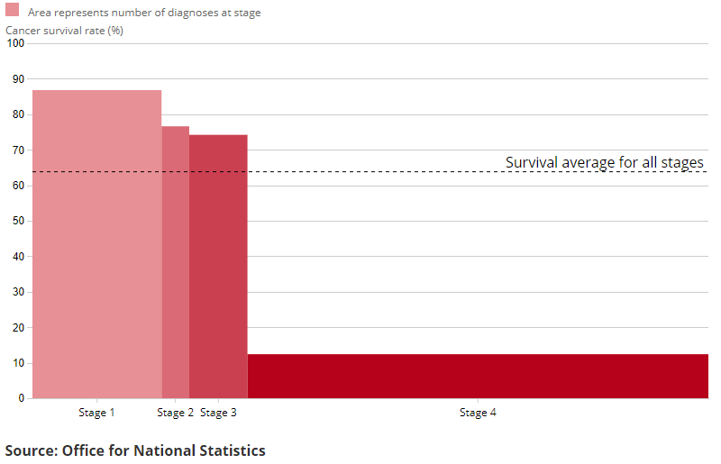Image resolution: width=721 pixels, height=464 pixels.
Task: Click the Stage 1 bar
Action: (97, 243)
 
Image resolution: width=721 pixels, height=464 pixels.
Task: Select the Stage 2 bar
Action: (176, 261)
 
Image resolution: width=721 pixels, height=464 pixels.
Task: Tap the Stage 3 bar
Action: (218, 266)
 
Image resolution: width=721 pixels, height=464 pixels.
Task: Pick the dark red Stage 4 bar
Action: (478, 376)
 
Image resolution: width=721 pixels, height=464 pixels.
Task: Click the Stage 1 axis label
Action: (97, 413)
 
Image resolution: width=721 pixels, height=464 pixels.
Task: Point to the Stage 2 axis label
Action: (175, 413)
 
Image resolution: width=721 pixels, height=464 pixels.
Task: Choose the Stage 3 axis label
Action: (218, 413)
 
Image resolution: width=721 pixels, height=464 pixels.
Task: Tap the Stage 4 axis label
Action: (478, 413)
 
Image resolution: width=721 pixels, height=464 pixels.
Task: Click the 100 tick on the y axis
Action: (15, 44)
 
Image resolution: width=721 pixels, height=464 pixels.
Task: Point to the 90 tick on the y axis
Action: (18, 79)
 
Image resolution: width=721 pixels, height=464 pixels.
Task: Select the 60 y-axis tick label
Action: (18, 186)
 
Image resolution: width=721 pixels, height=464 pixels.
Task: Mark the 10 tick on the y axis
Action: (18, 363)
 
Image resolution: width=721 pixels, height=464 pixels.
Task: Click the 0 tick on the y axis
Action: (21, 398)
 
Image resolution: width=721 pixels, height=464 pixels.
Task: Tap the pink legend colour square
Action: (13, 10)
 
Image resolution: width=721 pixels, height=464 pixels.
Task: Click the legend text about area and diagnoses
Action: (144, 14)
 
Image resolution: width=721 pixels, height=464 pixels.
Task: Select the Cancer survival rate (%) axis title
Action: (65, 31)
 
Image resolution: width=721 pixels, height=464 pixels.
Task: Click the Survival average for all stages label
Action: (604, 162)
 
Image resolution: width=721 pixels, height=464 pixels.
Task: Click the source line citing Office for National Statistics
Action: (135, 450)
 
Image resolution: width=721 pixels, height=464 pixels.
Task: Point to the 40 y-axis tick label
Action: (18, 257)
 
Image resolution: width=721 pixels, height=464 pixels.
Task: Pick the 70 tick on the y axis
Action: (18, 150)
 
